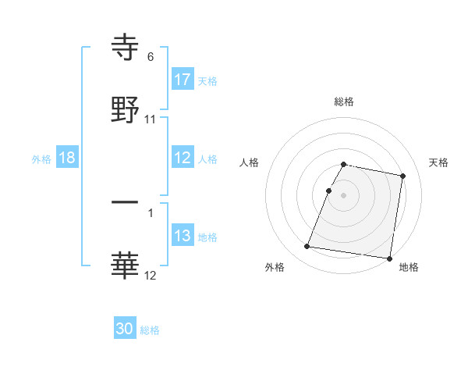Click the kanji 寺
[126, 47]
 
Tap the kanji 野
[126, 109]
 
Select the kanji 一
[126, 202]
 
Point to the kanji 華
[126, 265]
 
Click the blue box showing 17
[183, 80]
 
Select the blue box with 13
[183, 236]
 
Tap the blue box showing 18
[67, 158]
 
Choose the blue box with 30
[125, 329]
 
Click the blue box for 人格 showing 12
[183, 158]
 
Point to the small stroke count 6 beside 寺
[151, 57]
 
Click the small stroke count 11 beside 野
[151, 119]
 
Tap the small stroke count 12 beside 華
[151, 276]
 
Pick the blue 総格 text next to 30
[150, 330]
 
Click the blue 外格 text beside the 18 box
[41, 159]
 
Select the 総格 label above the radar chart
[344, 102]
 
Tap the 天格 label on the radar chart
[439, 162]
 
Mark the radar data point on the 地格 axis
[389, 258]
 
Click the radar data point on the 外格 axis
[307, 247]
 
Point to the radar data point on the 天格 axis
[403, 176]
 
